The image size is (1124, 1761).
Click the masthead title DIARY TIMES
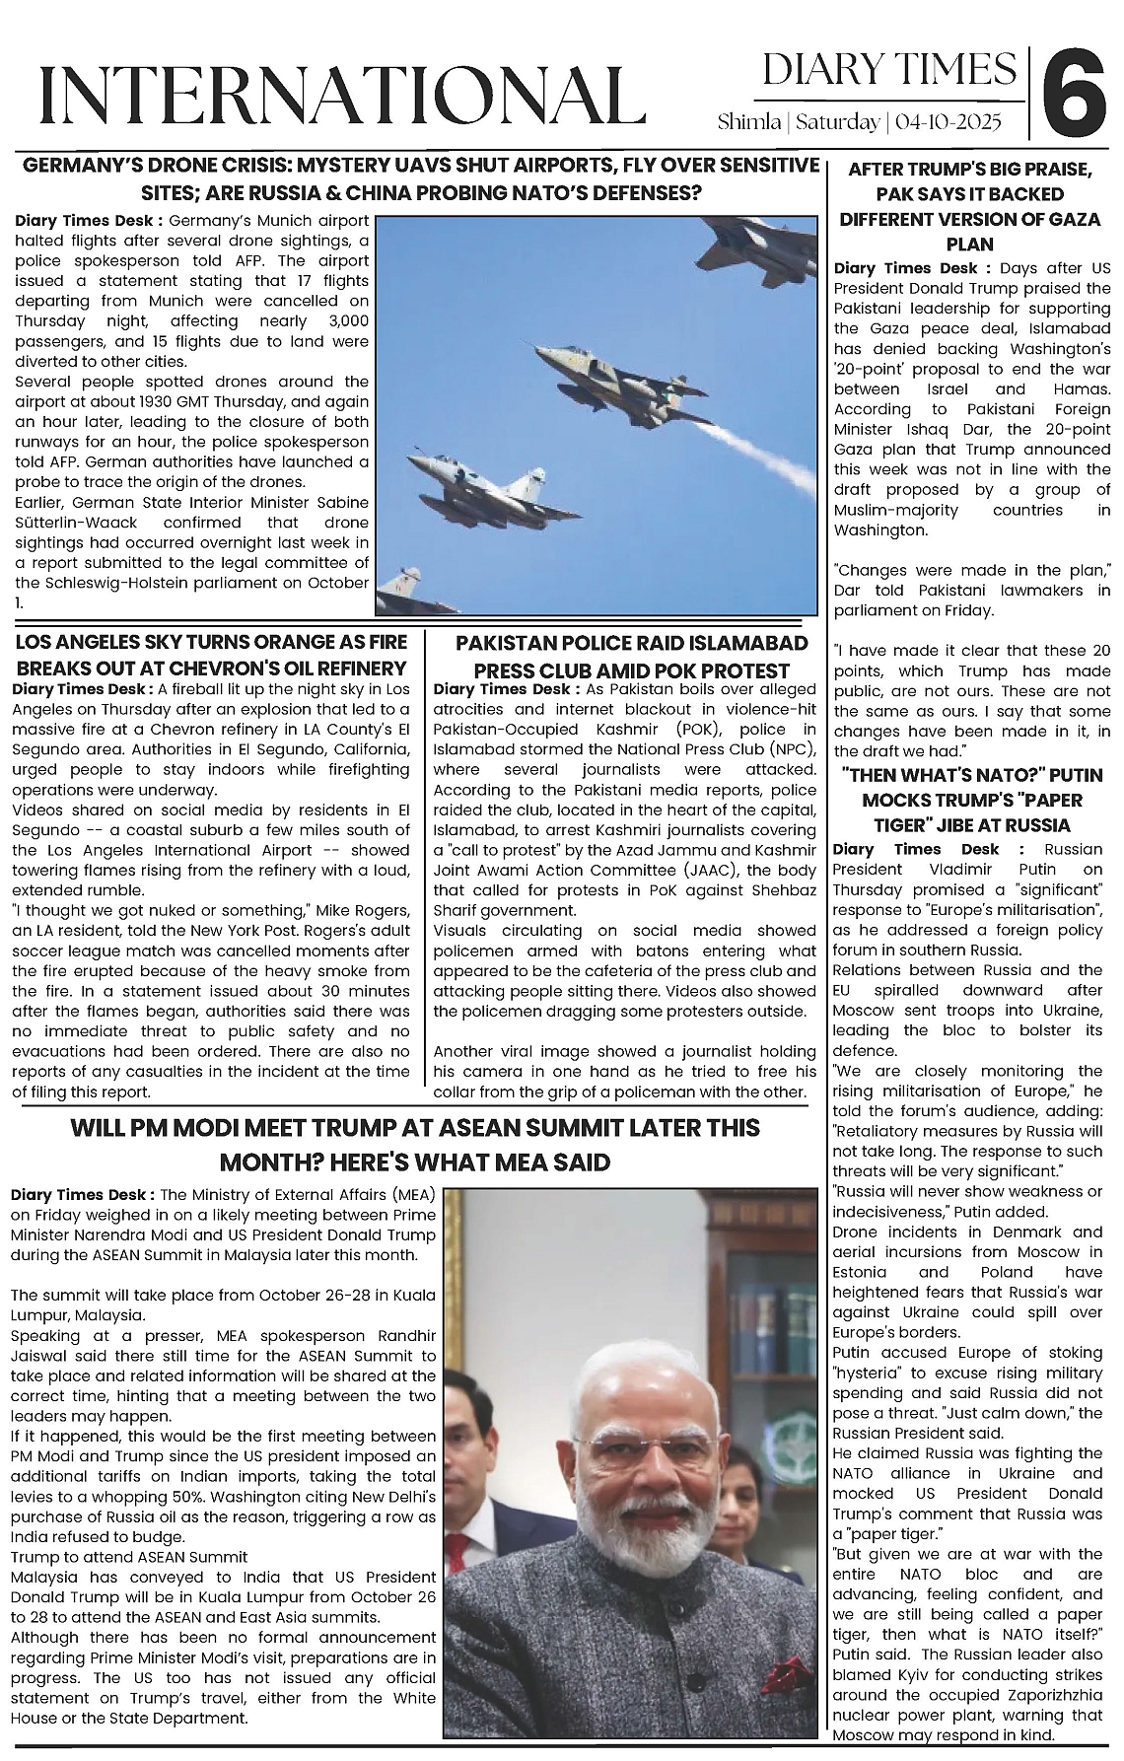[888, 69]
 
